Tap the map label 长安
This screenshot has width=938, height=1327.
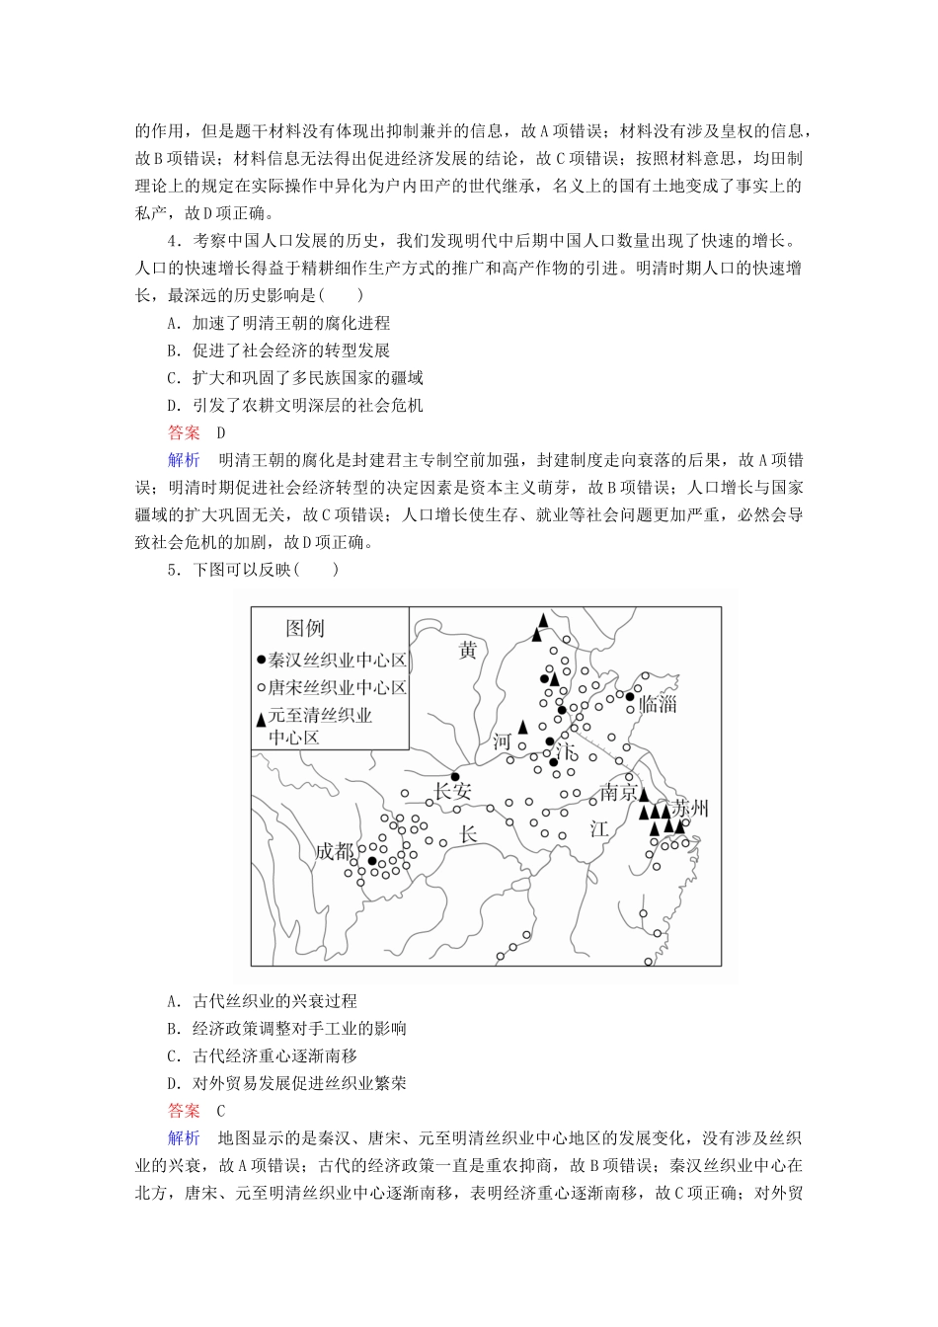tap(453, 791)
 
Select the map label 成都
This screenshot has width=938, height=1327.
tap(335, 851)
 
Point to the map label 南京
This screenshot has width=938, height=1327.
tap(618, 793)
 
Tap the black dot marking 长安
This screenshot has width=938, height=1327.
tap(454, 775)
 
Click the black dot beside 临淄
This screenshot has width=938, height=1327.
tap(630, 697)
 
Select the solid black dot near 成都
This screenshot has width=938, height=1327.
tap(371, 861)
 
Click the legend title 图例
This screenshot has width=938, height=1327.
tap(305, 628)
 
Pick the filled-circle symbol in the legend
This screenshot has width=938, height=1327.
tap(261, 661)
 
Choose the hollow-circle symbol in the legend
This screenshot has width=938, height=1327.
tap(261, 688)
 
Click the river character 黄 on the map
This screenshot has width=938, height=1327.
tap(467, 650)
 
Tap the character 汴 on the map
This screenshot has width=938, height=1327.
tap(566, 751)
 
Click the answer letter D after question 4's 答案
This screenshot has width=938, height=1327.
tap(220, 432)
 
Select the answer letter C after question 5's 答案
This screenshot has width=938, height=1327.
tap(220, 1110)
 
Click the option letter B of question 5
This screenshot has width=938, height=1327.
tap(173, 1028)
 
